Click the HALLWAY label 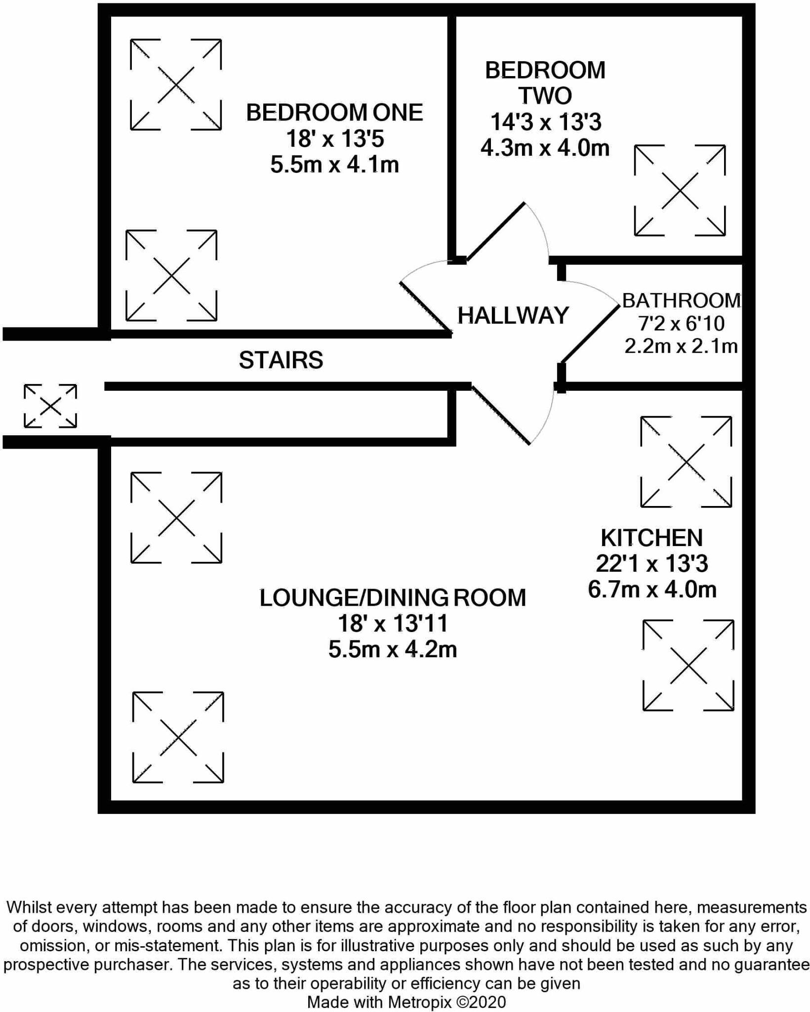click(513, 316)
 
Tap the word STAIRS click(281, 360)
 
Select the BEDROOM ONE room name click(334, 113)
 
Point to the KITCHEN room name click(651, 538)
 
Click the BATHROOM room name click(682, 300)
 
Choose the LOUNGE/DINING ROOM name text click(393, 598)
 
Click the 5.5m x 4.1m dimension click(334, 165)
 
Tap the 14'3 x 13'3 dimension click(545, 122)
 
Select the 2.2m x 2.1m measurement click(681, 346)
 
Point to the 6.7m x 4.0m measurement click(652, 590)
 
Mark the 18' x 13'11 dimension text click(393, 624)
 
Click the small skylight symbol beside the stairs click(50, 406)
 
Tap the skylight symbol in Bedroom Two click(680, 190)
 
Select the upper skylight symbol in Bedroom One click(175, 84)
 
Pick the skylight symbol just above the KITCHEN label click(686, 462)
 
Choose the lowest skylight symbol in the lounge click(178, 737)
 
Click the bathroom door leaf click(590, 335)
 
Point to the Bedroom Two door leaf click(495, 232)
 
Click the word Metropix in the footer click(419, 1002)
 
